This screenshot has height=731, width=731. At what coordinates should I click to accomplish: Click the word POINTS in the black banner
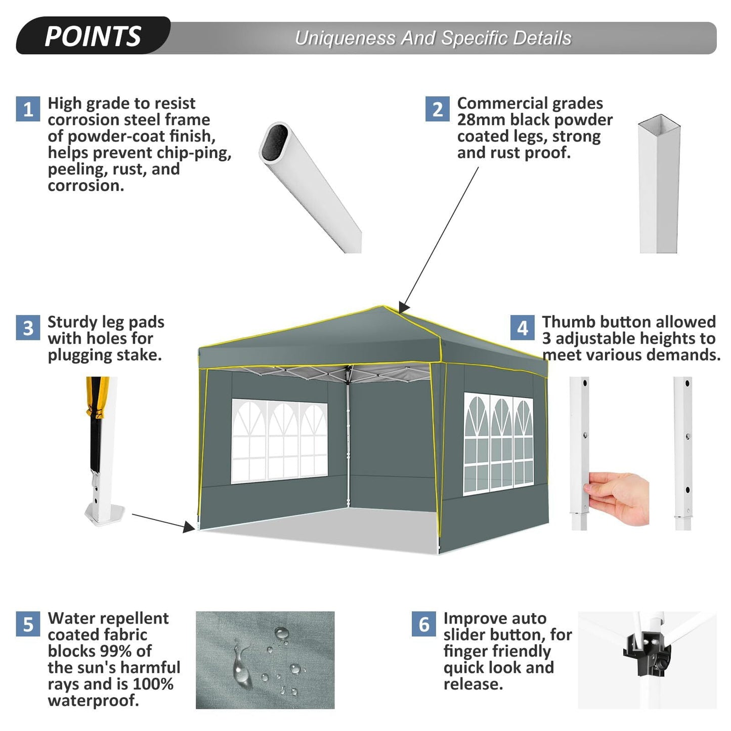[x=93, y=36]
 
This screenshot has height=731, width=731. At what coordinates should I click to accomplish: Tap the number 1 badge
[x=28, y=109]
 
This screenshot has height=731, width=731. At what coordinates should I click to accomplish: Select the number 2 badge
[x=438, y=109]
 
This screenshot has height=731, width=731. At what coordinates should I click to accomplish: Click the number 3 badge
[x=28, y=328]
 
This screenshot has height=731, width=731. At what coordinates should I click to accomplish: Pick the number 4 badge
[x=523, y=328]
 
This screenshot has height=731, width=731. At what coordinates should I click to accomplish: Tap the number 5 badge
[x=28, y=624]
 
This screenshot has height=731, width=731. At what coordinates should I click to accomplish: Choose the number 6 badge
[x=424, y=624]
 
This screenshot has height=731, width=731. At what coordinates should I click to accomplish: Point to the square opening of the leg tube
[x=659, y=123]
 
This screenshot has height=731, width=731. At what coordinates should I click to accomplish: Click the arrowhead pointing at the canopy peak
[x=405, y=306]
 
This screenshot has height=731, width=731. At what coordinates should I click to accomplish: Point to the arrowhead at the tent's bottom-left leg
[x=189, y=527]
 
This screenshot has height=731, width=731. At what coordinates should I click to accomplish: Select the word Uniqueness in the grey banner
[x=345, y=38]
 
